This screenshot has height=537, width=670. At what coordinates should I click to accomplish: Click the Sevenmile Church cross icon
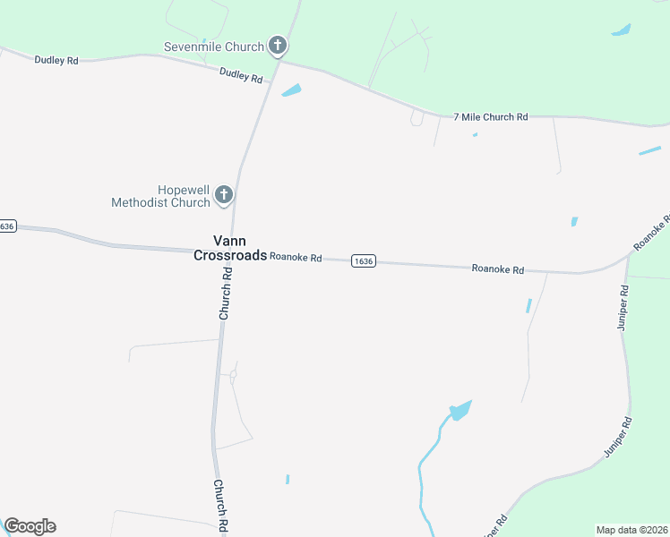[278, 46]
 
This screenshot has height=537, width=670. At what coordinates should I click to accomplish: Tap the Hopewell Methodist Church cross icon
[224, 194]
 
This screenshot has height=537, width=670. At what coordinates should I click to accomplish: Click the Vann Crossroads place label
[230, 248]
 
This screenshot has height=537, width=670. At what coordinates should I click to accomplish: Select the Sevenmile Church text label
[214, 47]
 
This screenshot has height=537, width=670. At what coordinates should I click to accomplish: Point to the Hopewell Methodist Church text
[160, 196]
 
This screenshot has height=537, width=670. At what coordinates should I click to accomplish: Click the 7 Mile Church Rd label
[491, 117]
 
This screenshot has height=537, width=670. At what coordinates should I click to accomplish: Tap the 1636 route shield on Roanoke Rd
[363, 260]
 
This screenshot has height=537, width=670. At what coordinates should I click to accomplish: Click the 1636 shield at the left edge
[7, 226]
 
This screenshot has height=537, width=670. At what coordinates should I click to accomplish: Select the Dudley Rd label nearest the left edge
[56, 60]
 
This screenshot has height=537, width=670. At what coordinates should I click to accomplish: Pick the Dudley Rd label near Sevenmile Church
[241, 76]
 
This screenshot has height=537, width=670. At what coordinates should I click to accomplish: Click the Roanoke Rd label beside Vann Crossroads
[296, 258]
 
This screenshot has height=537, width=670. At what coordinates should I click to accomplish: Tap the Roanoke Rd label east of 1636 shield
[497, 268]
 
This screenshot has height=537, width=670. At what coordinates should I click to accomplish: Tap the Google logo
[30, 526]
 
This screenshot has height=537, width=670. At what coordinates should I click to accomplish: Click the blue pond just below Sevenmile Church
[291, 90]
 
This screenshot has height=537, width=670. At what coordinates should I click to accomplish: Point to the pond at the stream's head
[460, 410]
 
